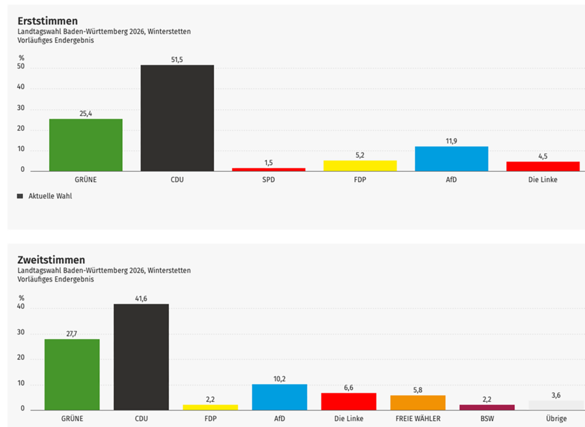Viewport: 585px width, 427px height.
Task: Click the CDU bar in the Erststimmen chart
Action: [x=177, y=118]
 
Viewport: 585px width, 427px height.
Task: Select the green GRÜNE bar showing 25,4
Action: [x=86, y=145]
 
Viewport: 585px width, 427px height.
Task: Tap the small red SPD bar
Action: [x=269, y=169]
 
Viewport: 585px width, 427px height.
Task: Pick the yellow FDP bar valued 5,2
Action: [x=360, y=166]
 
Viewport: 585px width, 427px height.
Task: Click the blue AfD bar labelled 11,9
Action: [x=451, y=159]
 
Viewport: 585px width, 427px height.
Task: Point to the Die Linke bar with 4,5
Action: [x=543, y=166]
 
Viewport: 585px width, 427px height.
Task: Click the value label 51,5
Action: [x=177, y=59]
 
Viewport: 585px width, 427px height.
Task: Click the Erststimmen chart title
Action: [x=48, y=21]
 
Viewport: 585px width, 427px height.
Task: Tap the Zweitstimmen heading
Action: [x=51, y=260]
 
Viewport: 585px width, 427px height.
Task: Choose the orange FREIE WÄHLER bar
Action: [x=418, y=402]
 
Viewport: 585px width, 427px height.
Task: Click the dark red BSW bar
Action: [x=487, y=407]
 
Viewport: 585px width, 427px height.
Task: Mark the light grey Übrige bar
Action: [x=556, y=405]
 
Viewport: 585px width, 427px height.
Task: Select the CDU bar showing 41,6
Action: [x=141, y=357]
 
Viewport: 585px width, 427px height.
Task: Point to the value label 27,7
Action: [x=72, y=333]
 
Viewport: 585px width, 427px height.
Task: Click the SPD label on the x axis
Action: [x=269, y=179]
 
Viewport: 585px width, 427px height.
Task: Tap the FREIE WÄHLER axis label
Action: [x=418, y=418]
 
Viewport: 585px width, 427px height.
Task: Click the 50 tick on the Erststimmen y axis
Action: [x=21, y=67]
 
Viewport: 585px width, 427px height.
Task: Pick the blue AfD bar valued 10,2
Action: [x=279, y=397]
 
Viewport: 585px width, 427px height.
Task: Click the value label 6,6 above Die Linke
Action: [x=348, y=387]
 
